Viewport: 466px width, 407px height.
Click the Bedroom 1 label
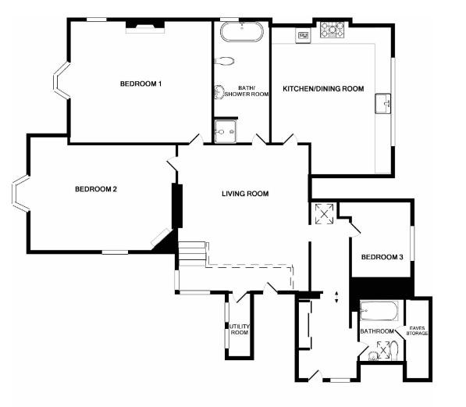[x=141, y=84]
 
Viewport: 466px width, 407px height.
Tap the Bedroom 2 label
[x=96, y=189]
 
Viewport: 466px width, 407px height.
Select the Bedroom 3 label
[x=382, y=257]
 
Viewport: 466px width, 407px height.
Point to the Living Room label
[x=245, y=194]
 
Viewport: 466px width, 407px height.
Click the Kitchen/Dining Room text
[x=323, y=89]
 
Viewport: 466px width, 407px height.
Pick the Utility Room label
[x=239, y=330]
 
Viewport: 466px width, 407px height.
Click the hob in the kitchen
[x=334, y=30]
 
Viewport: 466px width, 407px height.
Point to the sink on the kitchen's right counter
[x=382, y=102]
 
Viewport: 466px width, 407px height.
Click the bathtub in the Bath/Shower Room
[x=240, y=32]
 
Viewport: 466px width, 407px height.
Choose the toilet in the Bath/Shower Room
[x=225, y=61]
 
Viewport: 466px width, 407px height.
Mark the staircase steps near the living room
[x=192, y=255]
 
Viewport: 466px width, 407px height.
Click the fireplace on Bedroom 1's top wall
[x=145, y=27]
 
